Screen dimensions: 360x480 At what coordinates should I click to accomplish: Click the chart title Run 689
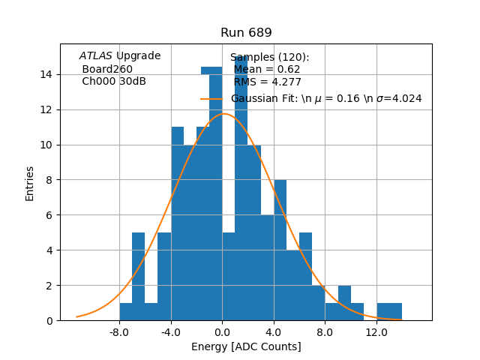[246, 33]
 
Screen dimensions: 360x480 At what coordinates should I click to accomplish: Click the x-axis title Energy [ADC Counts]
[246, 346]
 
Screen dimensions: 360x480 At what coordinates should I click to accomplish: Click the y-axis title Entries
[30, 182]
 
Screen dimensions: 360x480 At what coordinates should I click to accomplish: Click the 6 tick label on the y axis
[49, 215]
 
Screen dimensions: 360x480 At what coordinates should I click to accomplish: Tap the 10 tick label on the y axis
[46, 145]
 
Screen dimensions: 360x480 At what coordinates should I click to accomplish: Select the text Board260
[107, 69]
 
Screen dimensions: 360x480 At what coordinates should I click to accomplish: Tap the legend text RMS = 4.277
[267, 82]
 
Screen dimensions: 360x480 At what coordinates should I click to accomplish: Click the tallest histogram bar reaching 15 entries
[241, 187]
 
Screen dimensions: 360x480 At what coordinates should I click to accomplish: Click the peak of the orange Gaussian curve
[223, 114]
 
